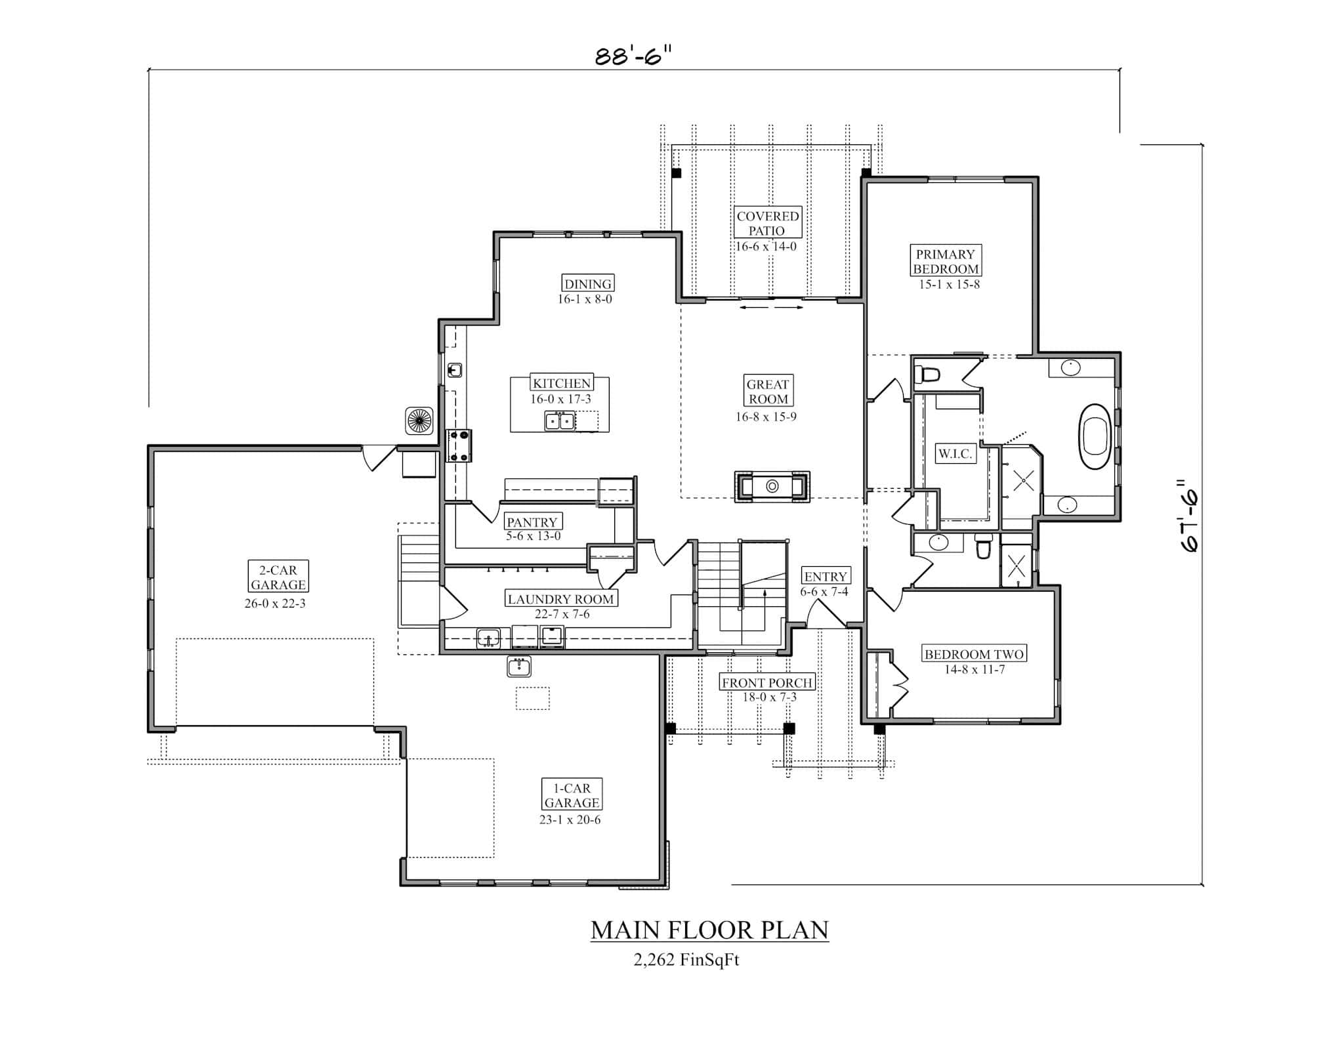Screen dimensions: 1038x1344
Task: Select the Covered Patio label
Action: (766, 223)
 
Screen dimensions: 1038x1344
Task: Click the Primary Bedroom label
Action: (946, 261)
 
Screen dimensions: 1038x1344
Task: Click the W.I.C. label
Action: (955, 453)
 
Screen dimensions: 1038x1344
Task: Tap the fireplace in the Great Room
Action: (772, 486)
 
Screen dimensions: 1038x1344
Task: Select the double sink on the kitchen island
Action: (560, 421)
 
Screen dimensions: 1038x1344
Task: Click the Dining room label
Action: (588, 283)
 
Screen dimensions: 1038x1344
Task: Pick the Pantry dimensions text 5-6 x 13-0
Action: (533, 536)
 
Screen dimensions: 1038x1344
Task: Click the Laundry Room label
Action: (560, 598)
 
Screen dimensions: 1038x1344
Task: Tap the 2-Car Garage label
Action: (278, 577)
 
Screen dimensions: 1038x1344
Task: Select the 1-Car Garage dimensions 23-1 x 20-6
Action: (570, 820)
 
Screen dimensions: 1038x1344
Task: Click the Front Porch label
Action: (767, 682)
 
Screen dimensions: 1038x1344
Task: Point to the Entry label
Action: (826, 576)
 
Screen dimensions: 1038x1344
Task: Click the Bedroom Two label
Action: (974, 654)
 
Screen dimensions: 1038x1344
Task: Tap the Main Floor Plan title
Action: (709, 930)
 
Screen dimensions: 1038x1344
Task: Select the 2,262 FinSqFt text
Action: (686, 960)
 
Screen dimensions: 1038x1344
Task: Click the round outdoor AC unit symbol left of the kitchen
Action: (419, 420)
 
